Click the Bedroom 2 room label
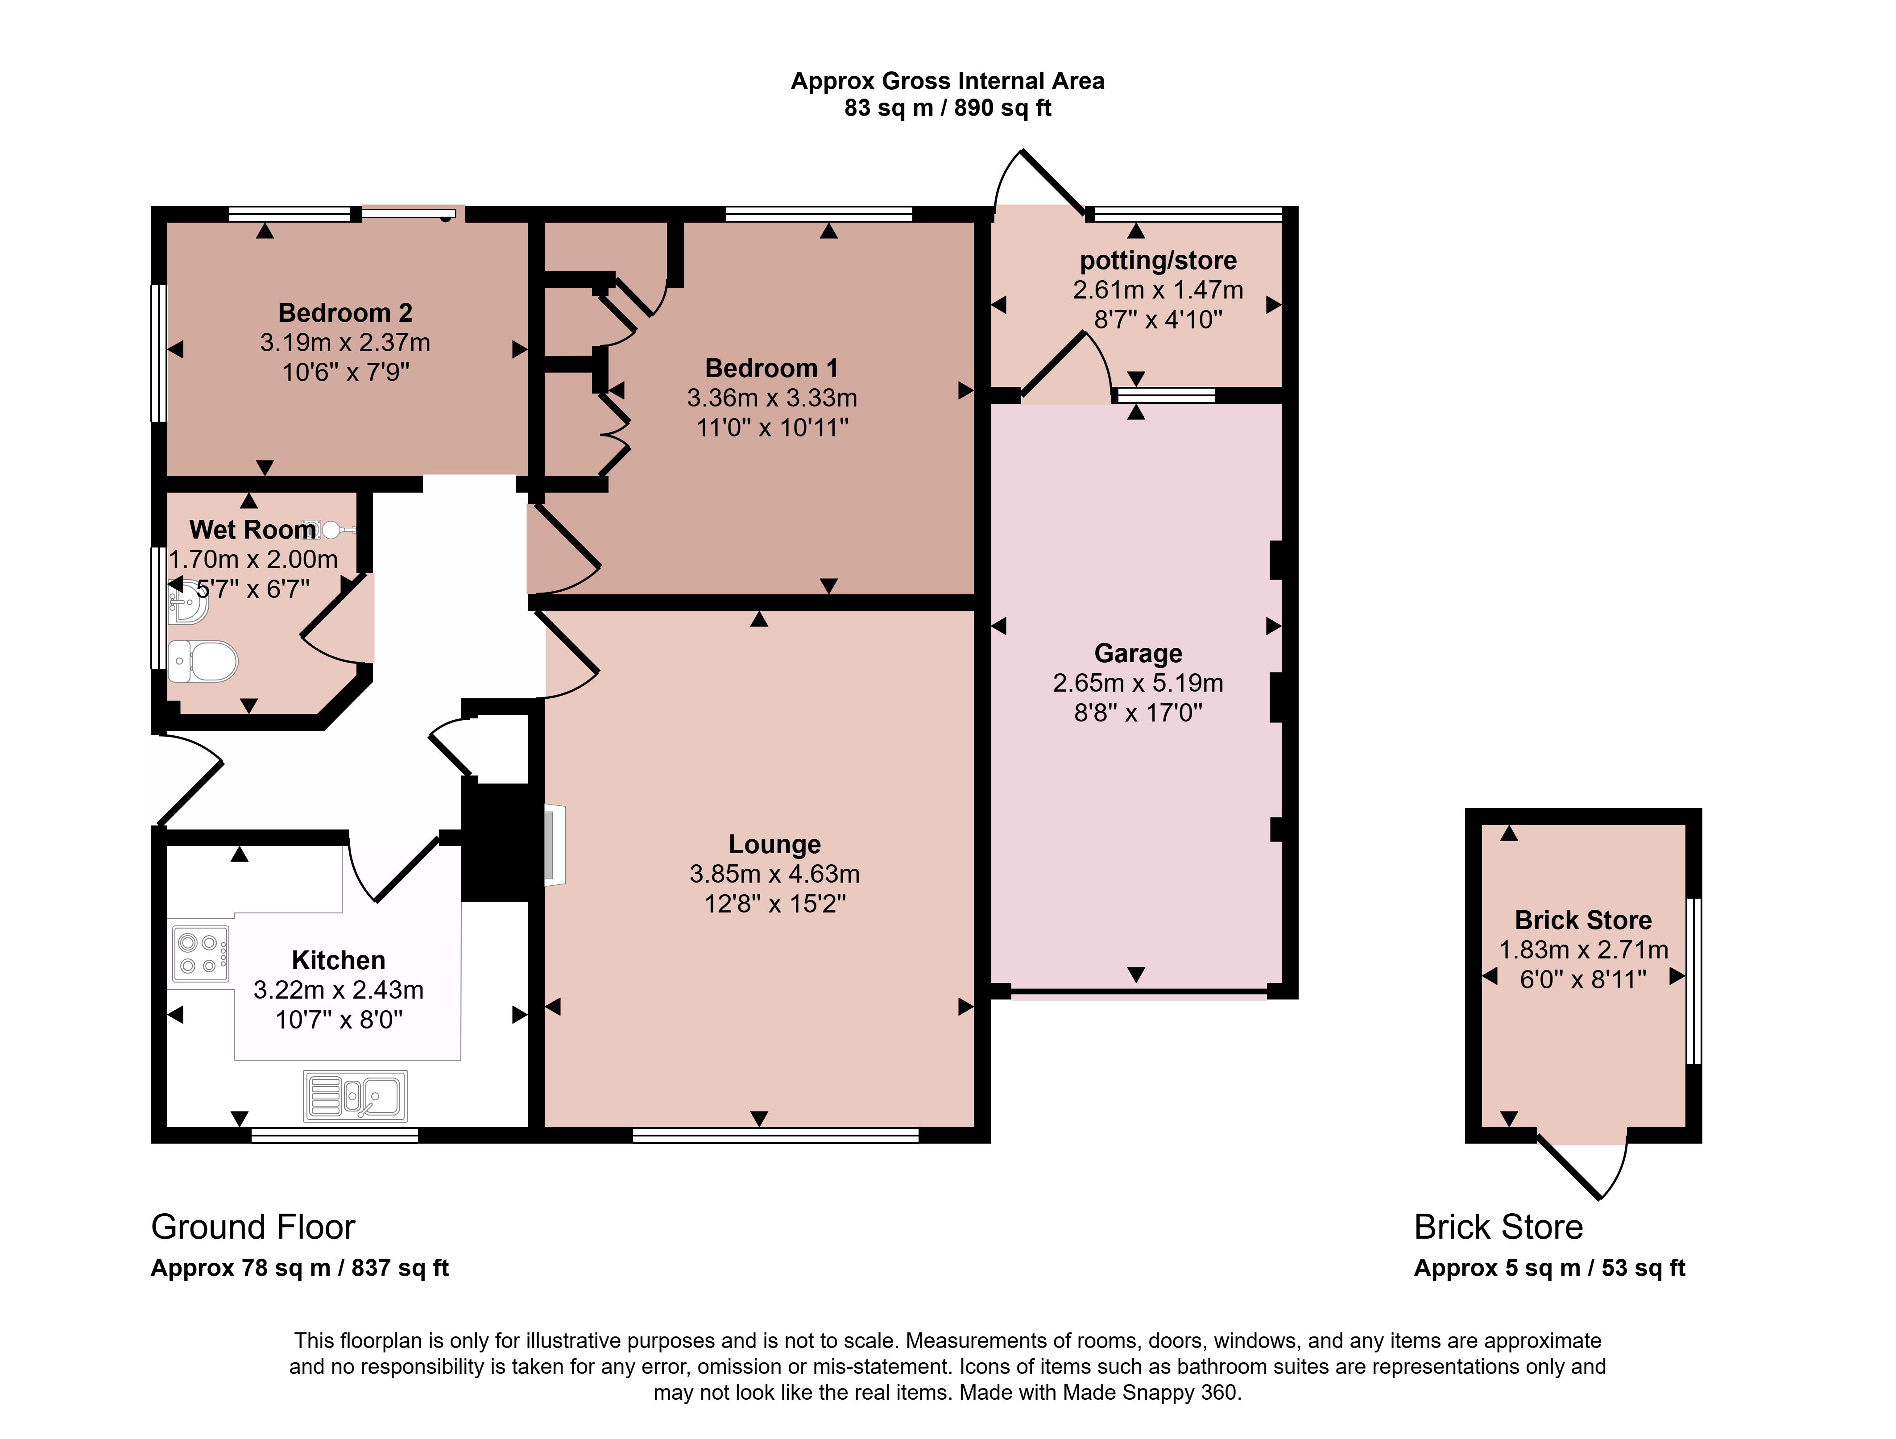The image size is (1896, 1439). click(345, 313)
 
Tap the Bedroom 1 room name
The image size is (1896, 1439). click(771, 369)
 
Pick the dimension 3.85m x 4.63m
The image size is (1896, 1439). click(775, 874)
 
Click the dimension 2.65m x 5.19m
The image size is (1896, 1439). click(1138, 683)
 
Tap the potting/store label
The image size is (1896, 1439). click(1158, 261)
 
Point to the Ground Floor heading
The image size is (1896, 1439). click(253, 1228)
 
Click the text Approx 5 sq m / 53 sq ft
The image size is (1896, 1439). click(1550, 1269)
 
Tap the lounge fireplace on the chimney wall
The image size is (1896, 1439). click(555, 845)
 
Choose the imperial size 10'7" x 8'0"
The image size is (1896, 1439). click(339, 1020)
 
